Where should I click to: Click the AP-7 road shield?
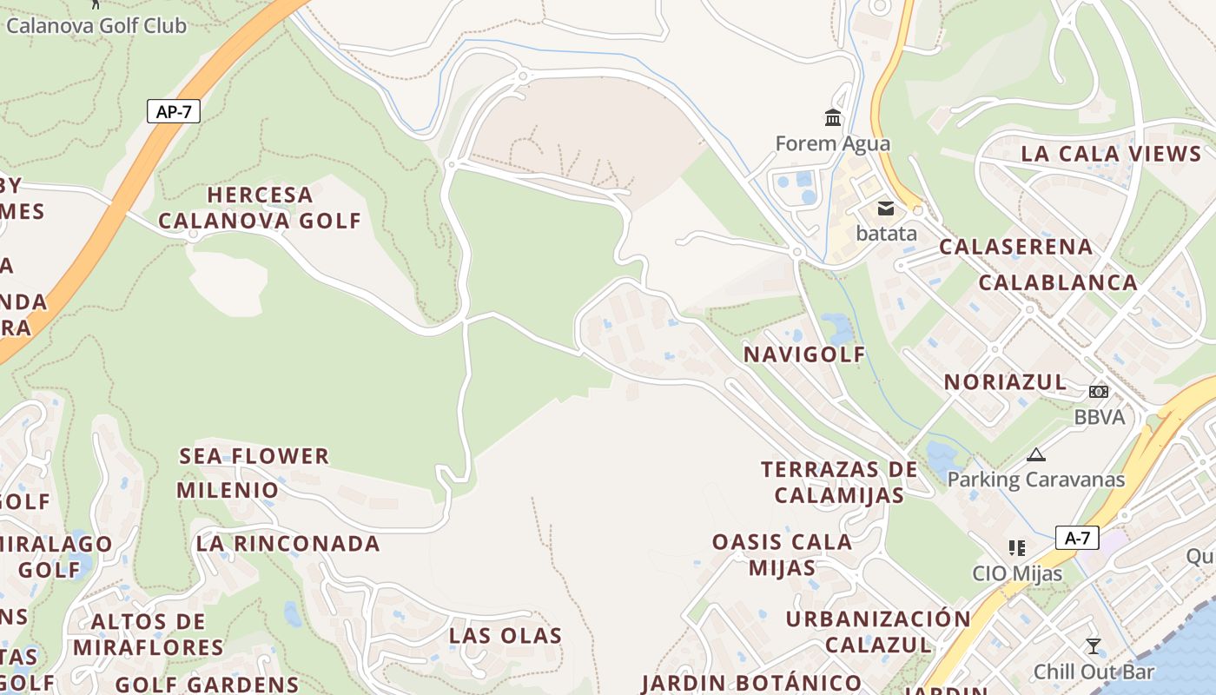(x=174, y=111)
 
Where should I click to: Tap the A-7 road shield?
(x=1077, y=538)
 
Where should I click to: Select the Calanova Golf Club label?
(x=96, y=25)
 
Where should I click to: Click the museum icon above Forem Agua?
(x=833, y=117)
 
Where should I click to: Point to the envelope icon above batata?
(x=886, y=208)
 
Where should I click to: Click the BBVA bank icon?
(x=1099, y=392)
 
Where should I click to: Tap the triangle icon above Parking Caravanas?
(x=1035, y=454)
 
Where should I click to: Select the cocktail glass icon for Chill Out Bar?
(x=1093, y=645)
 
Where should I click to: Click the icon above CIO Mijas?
(x=1017, y=548)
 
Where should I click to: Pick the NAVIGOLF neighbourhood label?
(x=804, y=354)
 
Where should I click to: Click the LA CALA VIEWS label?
(x=1111, y=154)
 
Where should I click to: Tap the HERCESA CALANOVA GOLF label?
(x=259, y=208)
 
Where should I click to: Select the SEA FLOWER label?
(x=254, y=456)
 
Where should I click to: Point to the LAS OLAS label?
(x=506, y=635)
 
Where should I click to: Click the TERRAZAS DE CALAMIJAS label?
(x=839, y=482)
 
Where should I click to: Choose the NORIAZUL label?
(x=1005, y=381)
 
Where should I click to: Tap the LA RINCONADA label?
(x=287, y=544)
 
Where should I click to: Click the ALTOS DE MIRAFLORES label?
(x=149, y=634)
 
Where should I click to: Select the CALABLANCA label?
(x=1058, y=282)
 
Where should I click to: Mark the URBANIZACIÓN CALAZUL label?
(x=878, y=632)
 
